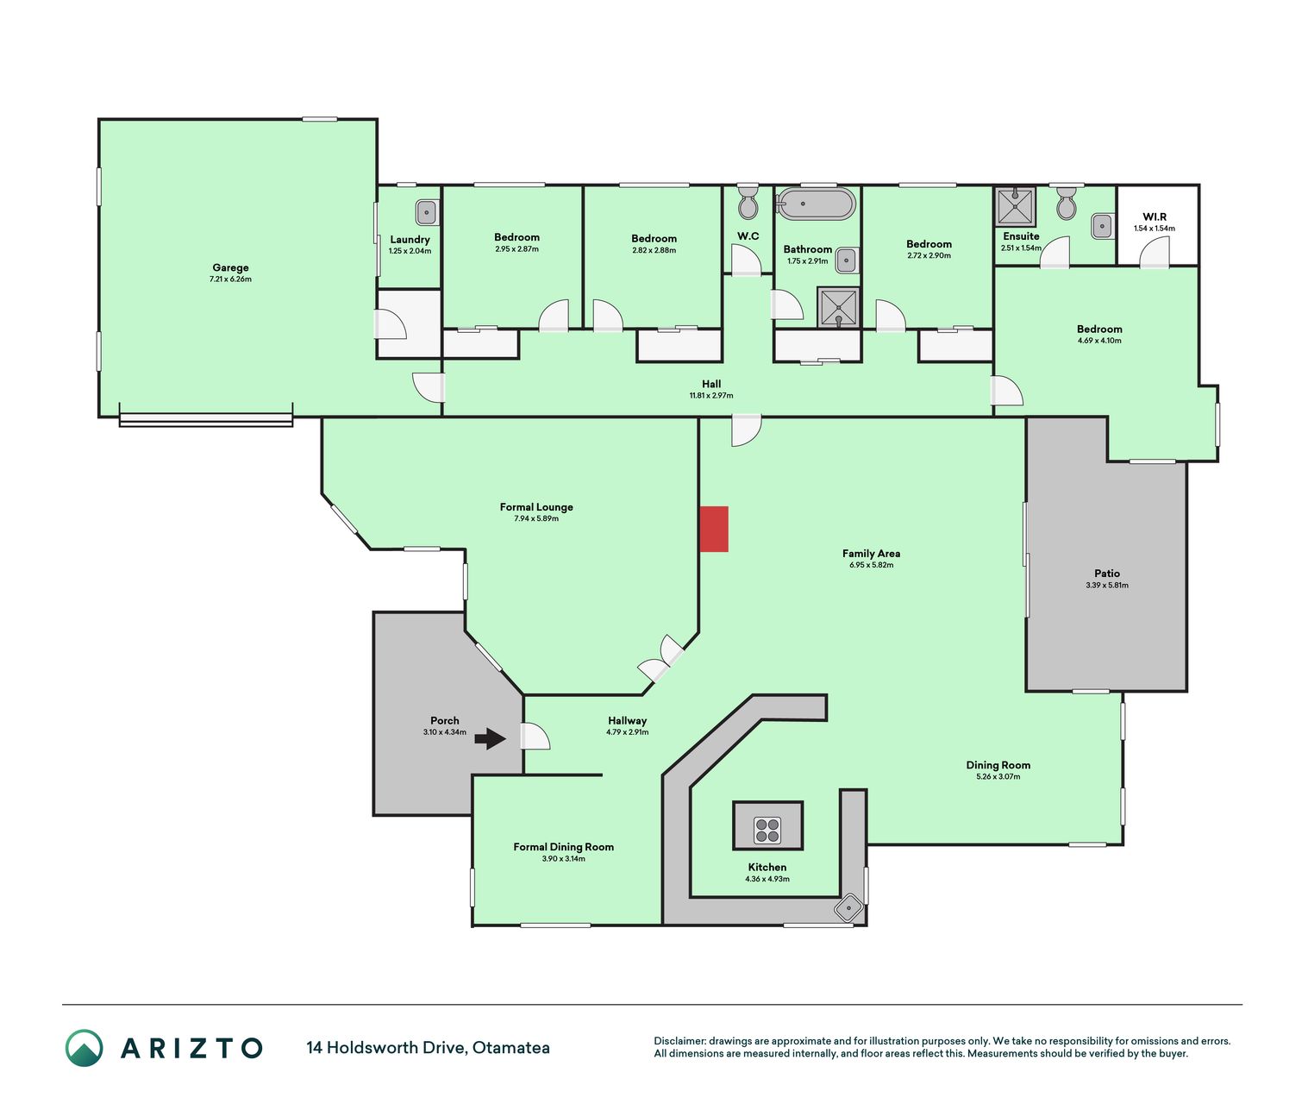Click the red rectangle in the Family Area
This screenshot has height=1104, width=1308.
click(714, 529)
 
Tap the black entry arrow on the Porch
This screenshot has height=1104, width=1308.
click(490, 738)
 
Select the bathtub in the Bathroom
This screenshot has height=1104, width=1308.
click(815, 203)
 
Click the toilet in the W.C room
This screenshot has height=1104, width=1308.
click(748, 201)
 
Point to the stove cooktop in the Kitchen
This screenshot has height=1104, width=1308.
click(767, 831)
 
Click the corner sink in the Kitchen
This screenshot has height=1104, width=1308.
click(848, 906)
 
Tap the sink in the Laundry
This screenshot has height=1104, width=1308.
click(427, 213)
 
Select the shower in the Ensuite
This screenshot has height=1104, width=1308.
click(1015, 206)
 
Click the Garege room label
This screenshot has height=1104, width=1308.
click(230, 267)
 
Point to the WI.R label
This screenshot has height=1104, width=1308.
click(1154, 216)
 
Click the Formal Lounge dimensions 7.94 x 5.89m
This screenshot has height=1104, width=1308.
click(536, 518)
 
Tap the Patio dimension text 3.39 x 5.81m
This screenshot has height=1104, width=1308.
click(1107, 586)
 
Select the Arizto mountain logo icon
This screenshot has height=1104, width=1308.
click(84, 1048)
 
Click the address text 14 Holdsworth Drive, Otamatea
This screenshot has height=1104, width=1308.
click(428, 1048)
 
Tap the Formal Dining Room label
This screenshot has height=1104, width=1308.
click(563, 846)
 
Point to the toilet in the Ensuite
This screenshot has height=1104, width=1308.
click(1066, 203)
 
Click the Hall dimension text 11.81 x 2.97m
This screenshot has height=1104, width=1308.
click(711, 395)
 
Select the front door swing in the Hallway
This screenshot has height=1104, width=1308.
click(535, 736)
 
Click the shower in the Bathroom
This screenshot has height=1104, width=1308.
click(838, 308)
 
